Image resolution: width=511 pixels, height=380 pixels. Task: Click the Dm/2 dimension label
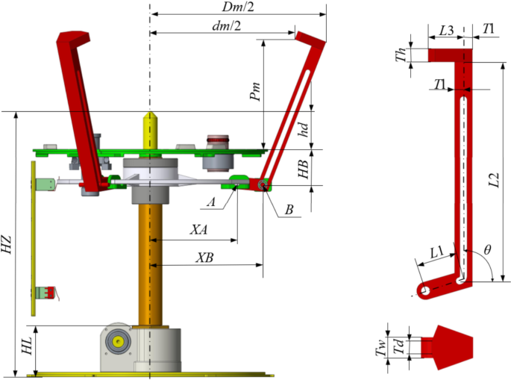point(236,6)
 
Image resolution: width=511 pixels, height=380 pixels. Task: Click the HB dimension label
point(302,168)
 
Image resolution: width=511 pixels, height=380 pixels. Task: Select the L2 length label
point(493,179)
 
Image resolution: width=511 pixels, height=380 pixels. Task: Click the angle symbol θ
point(487,250)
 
